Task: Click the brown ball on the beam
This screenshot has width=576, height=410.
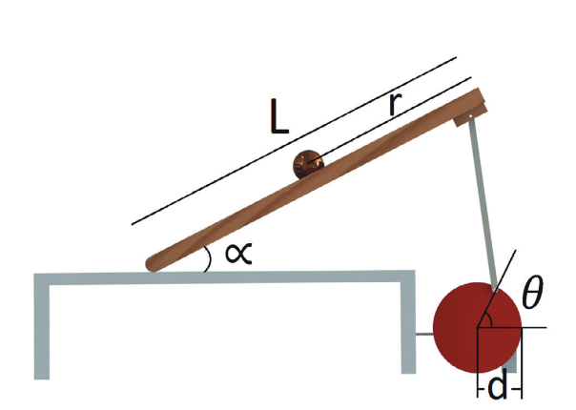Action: [x=308, y=164]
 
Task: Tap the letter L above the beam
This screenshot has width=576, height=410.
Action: [x=279, y=115]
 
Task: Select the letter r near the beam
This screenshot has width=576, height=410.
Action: [x=395, y=104]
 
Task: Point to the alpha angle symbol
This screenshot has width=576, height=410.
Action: [x=238, y=253]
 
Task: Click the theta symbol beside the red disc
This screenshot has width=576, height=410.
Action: [x=532, y=293]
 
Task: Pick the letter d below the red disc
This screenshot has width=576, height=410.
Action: [x=498, y=387]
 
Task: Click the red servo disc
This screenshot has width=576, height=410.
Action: [x=477, y=327]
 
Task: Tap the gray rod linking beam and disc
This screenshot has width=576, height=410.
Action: [x=483, y=202]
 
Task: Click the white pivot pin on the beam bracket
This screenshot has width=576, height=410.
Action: [x=470, y=116]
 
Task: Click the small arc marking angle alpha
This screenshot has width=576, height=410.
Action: [x=209, y=259]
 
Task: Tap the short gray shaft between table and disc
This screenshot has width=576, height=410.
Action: [x=424, y=334]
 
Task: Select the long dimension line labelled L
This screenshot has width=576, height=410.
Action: [x=294, y=141]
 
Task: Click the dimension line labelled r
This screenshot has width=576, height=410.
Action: [x=389, y=120]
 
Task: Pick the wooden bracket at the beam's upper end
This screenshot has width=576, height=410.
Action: [x=470, y=109]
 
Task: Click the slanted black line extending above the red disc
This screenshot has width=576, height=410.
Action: [x=497, y=288]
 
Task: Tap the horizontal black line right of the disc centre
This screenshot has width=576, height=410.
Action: [x=512, y=327]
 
